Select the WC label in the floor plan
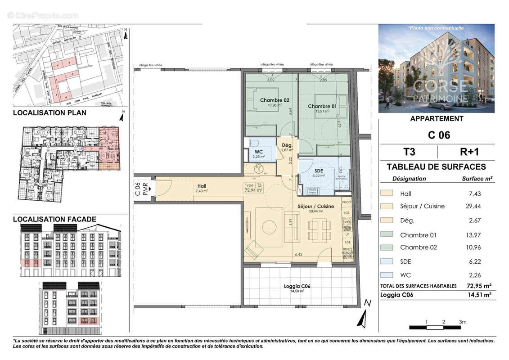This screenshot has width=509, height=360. click(x=258, y=152)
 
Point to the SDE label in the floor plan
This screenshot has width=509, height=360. click(x=319, y=171)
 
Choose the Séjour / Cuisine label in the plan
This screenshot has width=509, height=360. click(x=315, y=206)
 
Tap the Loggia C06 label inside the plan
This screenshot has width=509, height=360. click(x=297, y=286)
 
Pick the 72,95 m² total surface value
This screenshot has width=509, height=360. click(x=477, y=286)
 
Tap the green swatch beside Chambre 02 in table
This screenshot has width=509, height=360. click(x=387, y=247)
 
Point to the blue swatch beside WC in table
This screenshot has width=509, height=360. click(x=387, y=275)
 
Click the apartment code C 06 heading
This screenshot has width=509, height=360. click(x=437, y=135)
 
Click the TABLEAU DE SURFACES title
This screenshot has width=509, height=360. click(x=436, y=167)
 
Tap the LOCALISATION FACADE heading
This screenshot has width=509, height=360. click(x=54, y=219)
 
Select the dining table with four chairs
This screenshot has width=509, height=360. click(x=320, y=231)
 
